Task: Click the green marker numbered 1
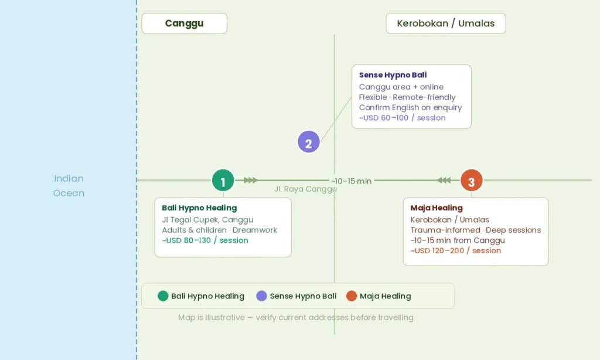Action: click(223, 180)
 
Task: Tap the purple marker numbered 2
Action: click(309, 142)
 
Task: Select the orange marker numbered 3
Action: click(472, 180)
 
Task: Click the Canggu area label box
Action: click(185, 23)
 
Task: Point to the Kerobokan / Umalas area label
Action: click(446, 23)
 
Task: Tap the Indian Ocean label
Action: click(69, 186)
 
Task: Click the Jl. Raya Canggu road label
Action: click(305, 189)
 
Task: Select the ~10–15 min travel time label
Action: click(352, 181)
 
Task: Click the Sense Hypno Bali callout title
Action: click(393, 75)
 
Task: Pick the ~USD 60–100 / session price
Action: click(402, 118)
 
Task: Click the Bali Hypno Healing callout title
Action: click(199, 208)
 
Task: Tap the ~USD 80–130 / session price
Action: click(204, 240)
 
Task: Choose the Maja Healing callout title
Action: click(437, 208)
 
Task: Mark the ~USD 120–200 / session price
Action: click(455, 251)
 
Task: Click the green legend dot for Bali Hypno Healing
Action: click(163, 296)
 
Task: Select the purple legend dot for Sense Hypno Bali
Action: click(261, 296)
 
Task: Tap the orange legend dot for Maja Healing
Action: click(352, 296)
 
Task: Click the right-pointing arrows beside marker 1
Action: click(251, 180)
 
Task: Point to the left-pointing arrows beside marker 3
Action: click(444, 180)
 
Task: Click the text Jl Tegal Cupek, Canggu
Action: click(207, 220)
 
